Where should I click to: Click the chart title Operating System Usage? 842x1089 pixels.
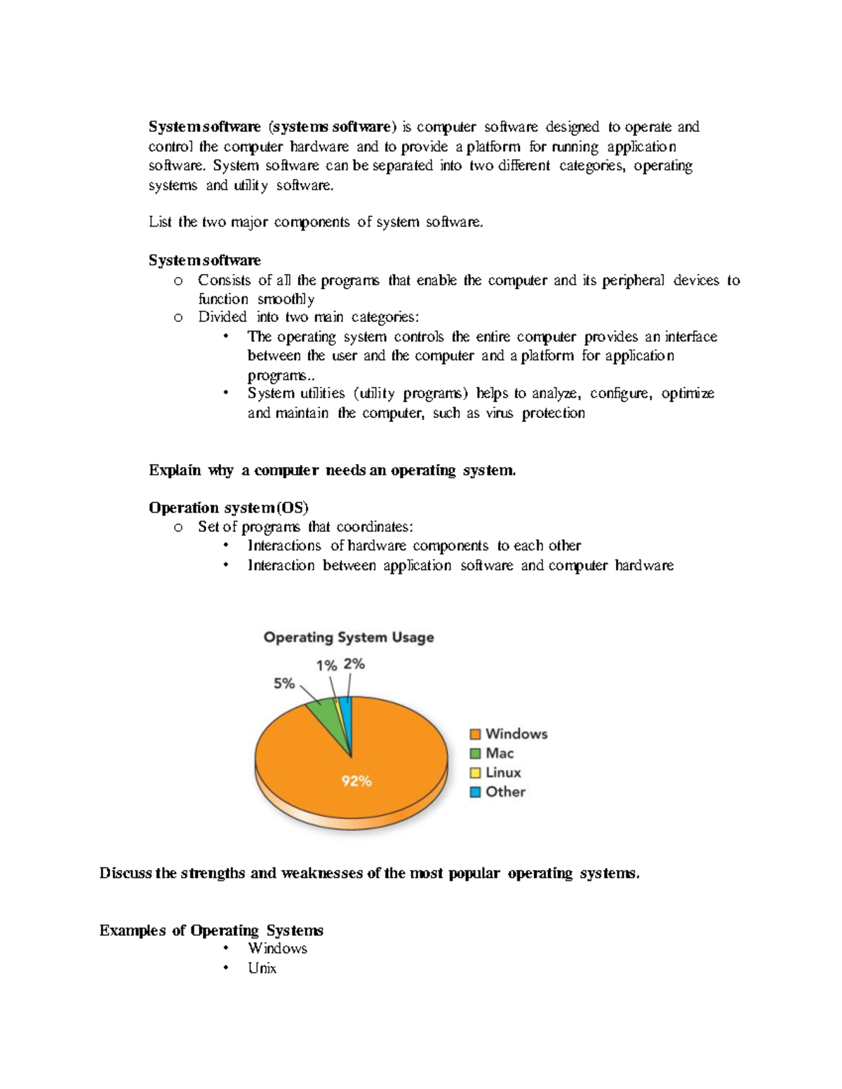tap(349, 637)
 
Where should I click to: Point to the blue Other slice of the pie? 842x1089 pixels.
tap(346, 715)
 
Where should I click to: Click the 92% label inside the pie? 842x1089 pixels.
tap(356, 781)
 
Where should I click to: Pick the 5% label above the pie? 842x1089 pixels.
tap(283, 683)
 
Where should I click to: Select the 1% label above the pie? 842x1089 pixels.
tap(326, 665)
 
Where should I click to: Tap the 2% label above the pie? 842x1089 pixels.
tap(354, 664)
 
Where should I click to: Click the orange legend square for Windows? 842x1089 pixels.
tap(475, 734)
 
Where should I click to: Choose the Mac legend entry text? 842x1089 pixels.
tap(500, 753)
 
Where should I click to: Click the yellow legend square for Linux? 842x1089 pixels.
tap(475, 773)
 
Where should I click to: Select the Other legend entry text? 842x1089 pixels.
tap(505, 792)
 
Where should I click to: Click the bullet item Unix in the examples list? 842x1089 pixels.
tap(262, 968)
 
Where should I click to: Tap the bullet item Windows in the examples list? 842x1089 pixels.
tap(277, 949)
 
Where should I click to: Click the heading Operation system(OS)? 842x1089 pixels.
tap(228, 508)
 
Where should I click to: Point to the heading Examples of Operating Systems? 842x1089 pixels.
tap(211, 931)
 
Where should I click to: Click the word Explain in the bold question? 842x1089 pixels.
tap(175, 471)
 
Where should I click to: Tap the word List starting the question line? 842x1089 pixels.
tap(159, 222)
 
